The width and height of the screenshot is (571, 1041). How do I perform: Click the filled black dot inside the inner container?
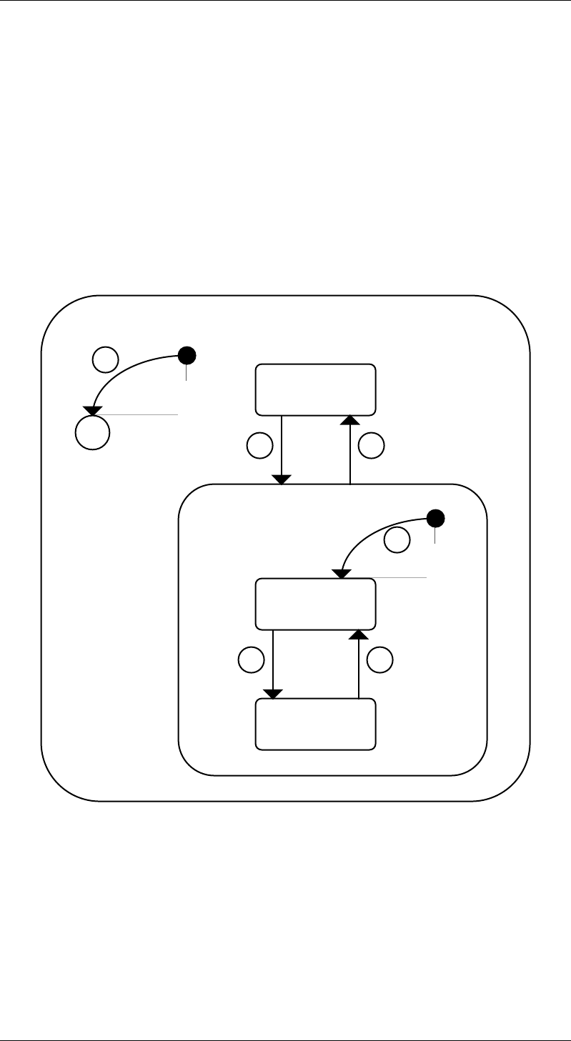[435, 517]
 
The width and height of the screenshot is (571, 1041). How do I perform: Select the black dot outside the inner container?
[187, 354]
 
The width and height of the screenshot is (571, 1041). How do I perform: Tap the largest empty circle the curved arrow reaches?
[93, 432]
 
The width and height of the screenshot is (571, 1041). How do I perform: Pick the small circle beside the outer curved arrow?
[105, 359]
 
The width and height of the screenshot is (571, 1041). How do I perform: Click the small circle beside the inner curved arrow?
[397, 540]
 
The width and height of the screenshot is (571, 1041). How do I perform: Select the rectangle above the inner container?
[316, 389]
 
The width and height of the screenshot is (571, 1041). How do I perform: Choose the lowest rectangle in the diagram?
[316, 724]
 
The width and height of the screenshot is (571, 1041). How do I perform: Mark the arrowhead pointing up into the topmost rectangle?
[349, 419]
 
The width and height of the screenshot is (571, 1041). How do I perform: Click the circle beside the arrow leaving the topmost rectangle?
[259, 447]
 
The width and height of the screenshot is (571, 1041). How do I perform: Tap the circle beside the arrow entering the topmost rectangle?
[372, 447]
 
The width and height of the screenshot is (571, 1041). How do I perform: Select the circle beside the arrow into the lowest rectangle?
[251, 660]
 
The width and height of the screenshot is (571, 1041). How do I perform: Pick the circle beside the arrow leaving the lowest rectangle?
[380, 660]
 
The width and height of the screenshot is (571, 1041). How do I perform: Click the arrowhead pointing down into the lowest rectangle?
[273, 694]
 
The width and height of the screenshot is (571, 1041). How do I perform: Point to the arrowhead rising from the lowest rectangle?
[359, 634]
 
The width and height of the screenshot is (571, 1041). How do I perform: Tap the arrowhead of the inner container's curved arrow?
[342, 574]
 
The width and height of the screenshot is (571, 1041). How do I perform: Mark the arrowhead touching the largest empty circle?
[91, 410]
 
